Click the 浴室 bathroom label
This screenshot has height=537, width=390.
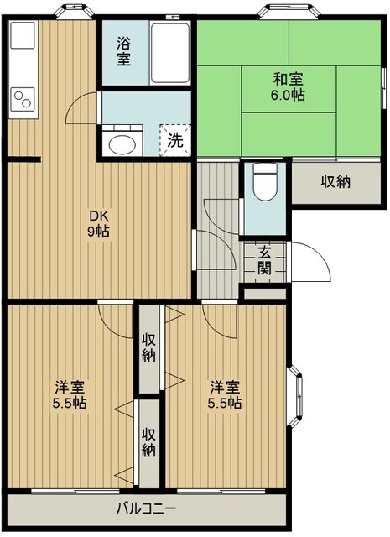123,52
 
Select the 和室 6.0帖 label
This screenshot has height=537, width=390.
288,87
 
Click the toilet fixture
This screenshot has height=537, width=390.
266,186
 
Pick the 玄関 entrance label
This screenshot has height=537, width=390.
264,260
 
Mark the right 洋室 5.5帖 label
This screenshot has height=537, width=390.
226,394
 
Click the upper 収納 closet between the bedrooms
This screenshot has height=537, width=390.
149,347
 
